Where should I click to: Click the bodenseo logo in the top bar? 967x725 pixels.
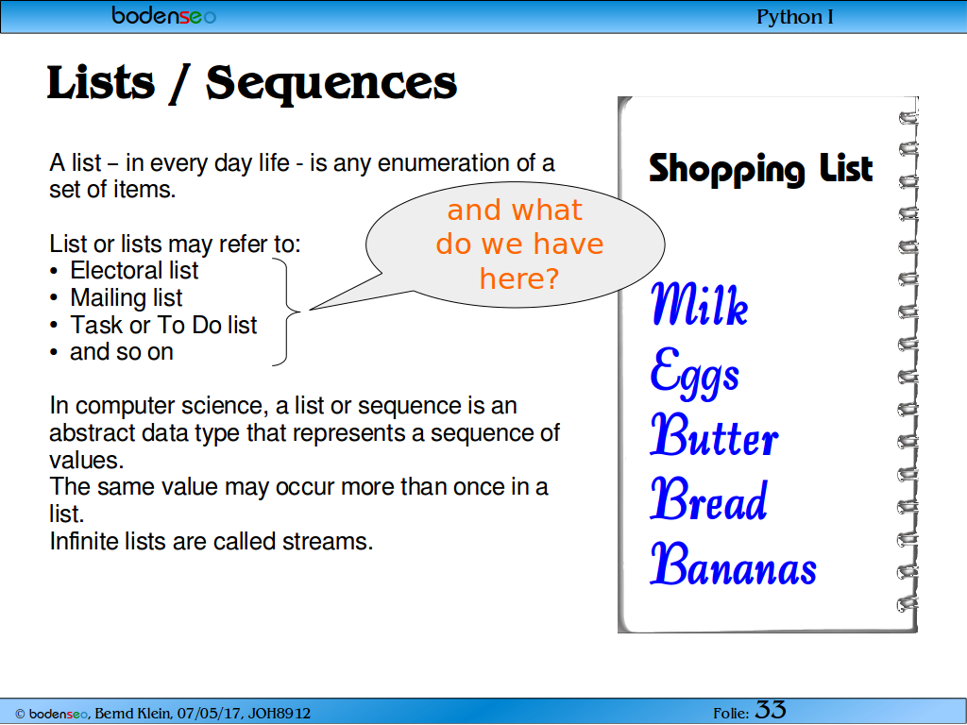[x=163, y=15]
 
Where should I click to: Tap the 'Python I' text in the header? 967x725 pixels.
[x=795, y=17]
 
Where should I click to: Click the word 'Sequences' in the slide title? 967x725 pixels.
[x=331, y=83]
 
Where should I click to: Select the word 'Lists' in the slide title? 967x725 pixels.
[x=100, y=82]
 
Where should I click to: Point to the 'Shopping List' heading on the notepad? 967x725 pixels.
[x=760, y=169]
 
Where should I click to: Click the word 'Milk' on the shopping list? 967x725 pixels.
[x=700, y=303]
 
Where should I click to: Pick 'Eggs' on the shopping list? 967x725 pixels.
[x=695, y=372]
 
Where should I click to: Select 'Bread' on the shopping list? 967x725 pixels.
[x=708, y=498]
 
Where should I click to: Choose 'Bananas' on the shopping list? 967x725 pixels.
[x=733, y=564]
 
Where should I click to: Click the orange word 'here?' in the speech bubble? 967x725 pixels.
[x=519, y=278]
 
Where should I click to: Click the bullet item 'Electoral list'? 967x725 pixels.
[x=134, y=270]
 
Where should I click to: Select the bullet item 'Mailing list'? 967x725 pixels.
[x=126, y=297]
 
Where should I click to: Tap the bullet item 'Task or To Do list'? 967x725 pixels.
[x=163, y=325]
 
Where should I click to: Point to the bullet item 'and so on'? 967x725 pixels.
[x=122, y=352]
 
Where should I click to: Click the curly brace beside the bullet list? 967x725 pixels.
[x=289, y=312]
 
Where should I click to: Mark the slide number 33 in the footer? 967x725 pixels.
[x=771, y=710]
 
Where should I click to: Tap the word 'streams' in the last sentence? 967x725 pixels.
[x=328, y=541]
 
